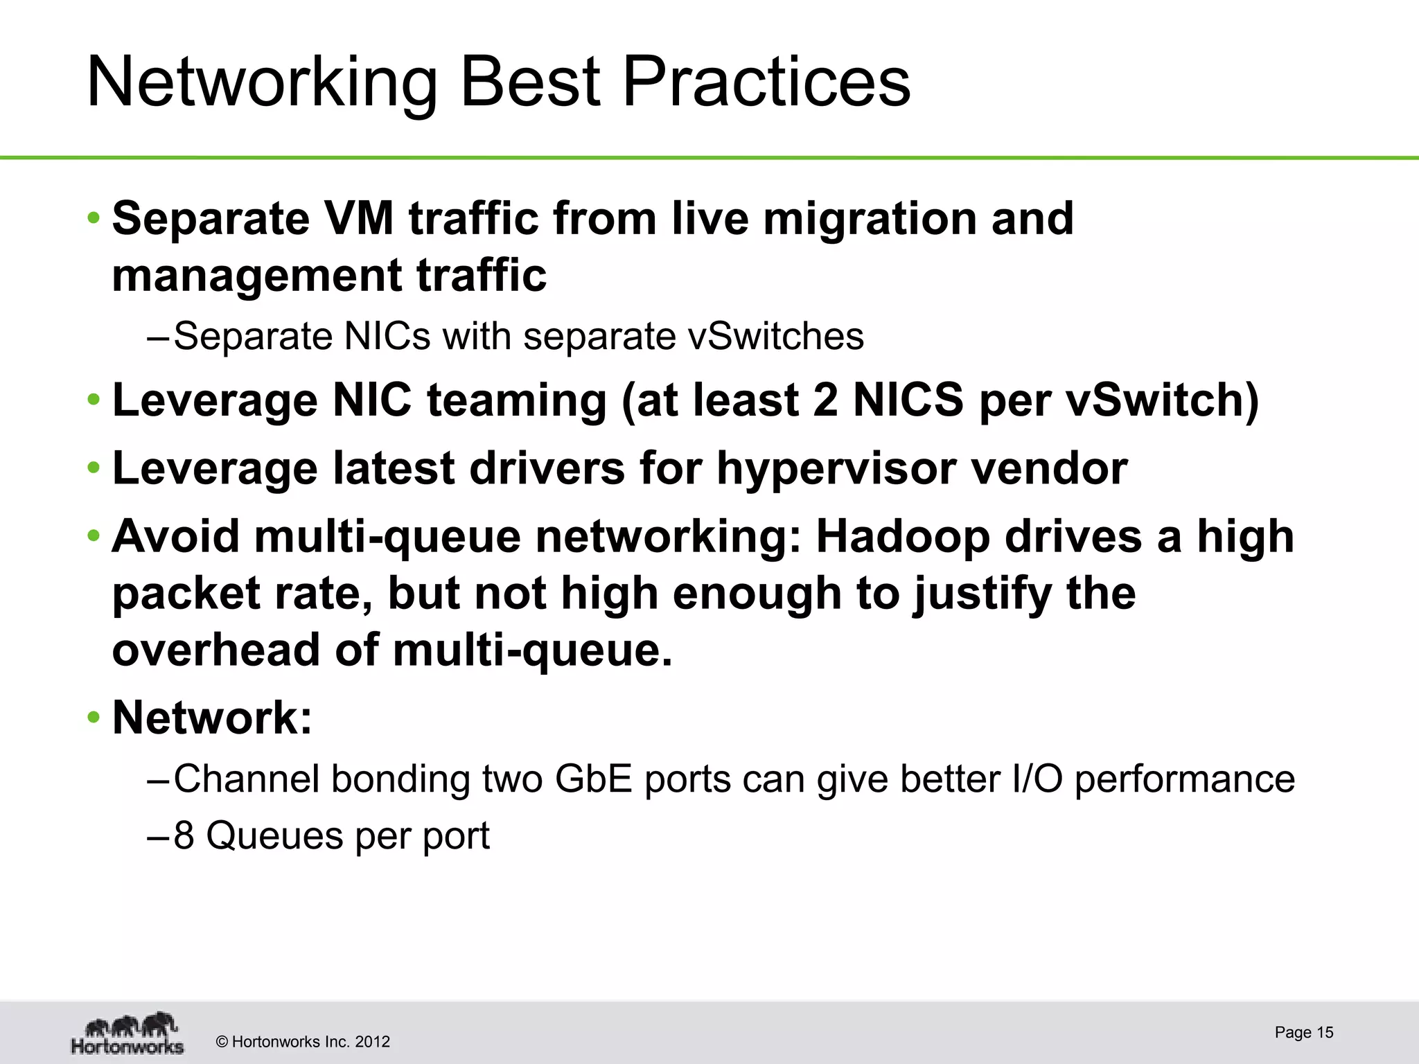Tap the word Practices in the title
[766, 83]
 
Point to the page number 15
[1325, 1033]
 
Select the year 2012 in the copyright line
[372, 1042]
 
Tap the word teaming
[516, 400]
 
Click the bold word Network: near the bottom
[212, 718]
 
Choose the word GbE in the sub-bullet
[593, 779]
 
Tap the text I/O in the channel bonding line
[1037, 779]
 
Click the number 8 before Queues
[184, 835]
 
